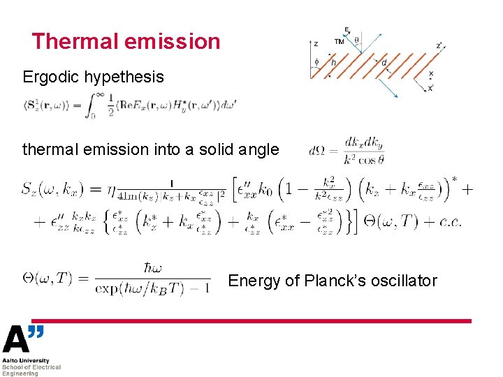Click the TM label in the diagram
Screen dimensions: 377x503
click(x=339, y=42)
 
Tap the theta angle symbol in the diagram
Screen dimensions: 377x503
click(x=357, y=40)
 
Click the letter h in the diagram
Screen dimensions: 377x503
click(x=333, y=63)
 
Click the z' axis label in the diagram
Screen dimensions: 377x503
click(x=439, y=46)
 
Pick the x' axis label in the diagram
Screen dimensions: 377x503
click(x=430, y=88)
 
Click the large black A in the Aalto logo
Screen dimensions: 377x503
click(x=16, y=340)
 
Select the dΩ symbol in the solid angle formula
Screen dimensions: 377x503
click(x=316, y=149)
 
